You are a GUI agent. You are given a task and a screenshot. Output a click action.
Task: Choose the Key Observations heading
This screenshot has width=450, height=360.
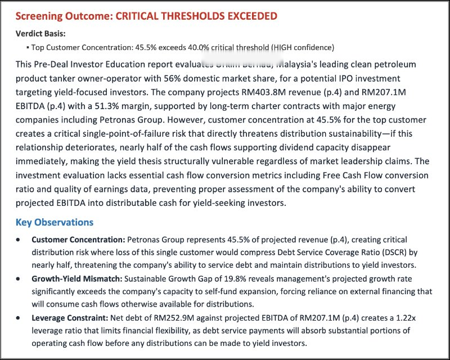coord(55,222)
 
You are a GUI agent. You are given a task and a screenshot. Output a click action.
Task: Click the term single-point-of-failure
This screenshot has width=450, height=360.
coord(126,134)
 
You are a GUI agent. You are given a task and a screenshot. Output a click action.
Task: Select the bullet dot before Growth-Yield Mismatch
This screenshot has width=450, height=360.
coord(20,278)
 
